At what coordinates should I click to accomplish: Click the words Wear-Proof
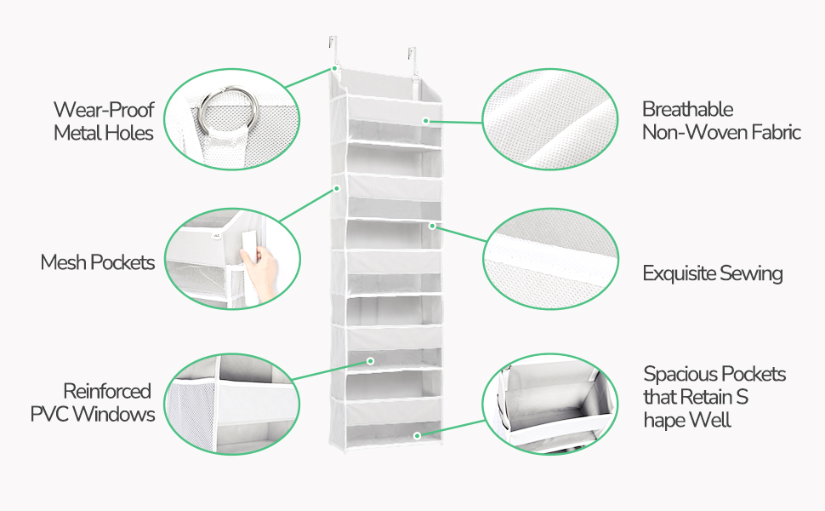(x=104, y=110)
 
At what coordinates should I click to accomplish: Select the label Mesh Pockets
(x=98, y=262)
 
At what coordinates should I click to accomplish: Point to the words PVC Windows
(x=93, y=414)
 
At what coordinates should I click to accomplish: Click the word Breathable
(x=688, y=109)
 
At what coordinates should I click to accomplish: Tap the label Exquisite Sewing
(x=713, y=273)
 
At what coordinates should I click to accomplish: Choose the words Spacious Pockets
(x=714, y=374)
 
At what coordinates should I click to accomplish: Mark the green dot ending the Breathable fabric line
(x=426, y=121)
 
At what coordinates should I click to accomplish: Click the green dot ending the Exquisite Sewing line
(x=432, y=226)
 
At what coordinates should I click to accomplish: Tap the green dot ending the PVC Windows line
(x=371, y=361)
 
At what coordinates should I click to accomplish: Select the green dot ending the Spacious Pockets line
(x=418, y=436)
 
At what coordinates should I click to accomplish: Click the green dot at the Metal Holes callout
(x=334, y=68)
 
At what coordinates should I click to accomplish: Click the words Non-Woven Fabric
(x=721, y=132)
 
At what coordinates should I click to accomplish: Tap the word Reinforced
(x=107, y=392)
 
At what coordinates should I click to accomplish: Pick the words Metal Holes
(x=104, y=133)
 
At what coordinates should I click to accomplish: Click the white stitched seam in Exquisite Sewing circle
(x=549, y=256)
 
